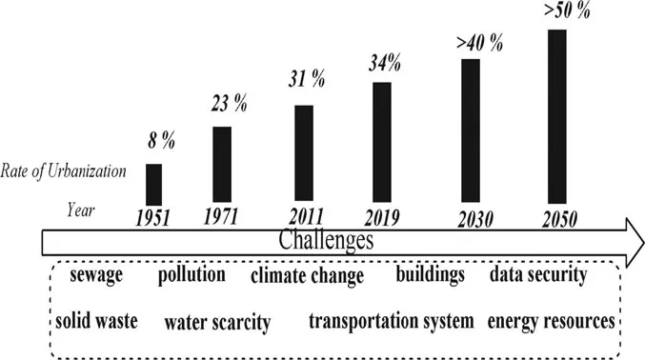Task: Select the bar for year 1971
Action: click(x=221, y=164)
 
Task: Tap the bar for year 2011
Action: click(x=304, y=152)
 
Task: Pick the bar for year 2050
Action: click(x=556, y=114)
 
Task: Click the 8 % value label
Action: click(x=161, y=144)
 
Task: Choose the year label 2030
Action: click(x=474, y=218)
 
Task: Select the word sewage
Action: click(x=96, y=275)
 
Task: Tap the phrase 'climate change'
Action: click(x=307, y=277)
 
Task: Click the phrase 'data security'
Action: click(x=538, y=275)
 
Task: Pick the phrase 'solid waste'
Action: click(x=96, y=320)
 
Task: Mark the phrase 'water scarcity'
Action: click(x=217, y=322)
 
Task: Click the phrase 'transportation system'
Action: click(x=391, y=321)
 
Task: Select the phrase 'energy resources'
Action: click(x=551, y=321)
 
